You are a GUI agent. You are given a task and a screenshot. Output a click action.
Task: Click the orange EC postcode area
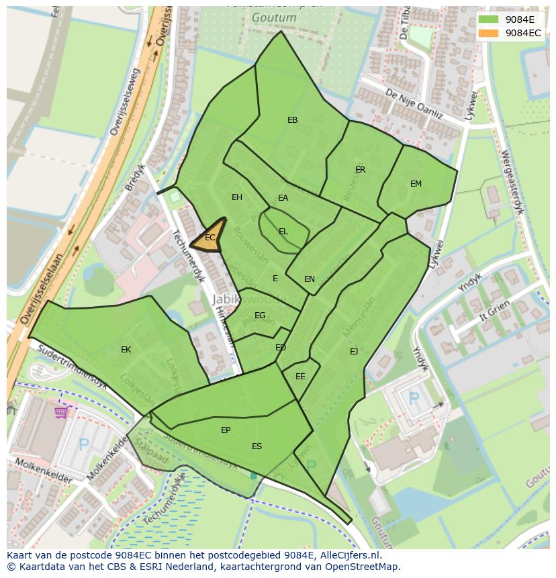click(210, 238)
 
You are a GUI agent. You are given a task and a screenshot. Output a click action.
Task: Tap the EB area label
click(292, 120)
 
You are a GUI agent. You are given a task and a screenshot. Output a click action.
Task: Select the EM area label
click(416, 184)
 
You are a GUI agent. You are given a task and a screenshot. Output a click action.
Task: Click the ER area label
click(361, 170)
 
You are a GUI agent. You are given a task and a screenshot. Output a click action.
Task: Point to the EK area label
click(126, 350)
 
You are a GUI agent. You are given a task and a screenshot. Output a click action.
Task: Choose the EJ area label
click(354, 351)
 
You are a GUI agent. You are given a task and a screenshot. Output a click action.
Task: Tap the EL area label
click(283, 232)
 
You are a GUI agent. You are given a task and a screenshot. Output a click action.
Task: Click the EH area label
click(237, 197)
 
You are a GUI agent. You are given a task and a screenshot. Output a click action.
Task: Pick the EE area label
click(300, 377)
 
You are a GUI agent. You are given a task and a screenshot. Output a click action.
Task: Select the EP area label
click(226, 430)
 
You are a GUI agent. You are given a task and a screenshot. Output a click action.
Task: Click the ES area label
click(257, 446)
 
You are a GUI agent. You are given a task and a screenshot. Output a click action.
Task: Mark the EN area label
click(310, 279)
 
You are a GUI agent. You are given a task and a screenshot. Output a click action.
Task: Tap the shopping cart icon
click(62, 412)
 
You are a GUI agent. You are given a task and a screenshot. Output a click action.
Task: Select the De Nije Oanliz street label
click(414, 105)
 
